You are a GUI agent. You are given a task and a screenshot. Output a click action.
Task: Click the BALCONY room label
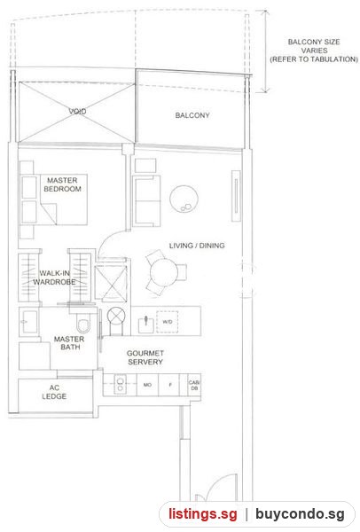pyautogui.click(x=192, y=115)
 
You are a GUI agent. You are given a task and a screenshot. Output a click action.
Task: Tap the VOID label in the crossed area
pyautogui.click(x=77, y=112)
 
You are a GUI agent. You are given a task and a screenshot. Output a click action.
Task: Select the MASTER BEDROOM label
pyautogui.click(x=62, y=184)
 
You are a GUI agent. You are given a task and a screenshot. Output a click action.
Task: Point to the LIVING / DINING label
pyautogui.click(x=197, y=246)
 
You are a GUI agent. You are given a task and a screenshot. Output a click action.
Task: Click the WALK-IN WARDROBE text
pyautogui.click(x=54, y=278)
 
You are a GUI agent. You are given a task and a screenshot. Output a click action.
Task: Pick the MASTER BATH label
pyautogui.click(x=69, y=343)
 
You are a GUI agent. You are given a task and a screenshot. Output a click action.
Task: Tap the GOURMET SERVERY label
pyautogui.click(x=145, y=357)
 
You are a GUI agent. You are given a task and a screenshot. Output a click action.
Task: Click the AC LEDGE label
pyautogui.click(x=54, y=392)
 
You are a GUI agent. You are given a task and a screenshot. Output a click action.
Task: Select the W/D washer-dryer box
pyautogui.click(x=167, y=322)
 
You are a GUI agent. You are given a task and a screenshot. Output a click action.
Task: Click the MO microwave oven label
pyautogui.click(x=147, y=385)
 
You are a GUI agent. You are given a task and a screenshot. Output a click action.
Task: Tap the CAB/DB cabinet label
pyautogui.click(x=194, y=385)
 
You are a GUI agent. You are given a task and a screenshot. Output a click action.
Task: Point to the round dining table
pyautogui.click(x=164, y=272)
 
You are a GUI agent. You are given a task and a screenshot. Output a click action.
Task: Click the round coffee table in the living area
pyautogui.click(x=184, y=199)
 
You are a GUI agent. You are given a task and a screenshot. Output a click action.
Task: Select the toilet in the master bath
pyautogui.click(x=83, y=323)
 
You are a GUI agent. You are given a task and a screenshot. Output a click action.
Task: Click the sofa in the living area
pyautogui.click(x=146, y=201)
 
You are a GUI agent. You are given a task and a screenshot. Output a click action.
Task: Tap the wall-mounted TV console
pyautogui.click(x=236, y=196)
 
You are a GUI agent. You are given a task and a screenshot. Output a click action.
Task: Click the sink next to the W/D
pyautogui.click(x=146, y=325)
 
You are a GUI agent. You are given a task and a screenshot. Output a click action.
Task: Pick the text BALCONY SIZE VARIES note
pyautogui.click(x=314, y=51)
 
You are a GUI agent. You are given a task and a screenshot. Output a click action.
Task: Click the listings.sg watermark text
pyautogui.click(x=203, y=514)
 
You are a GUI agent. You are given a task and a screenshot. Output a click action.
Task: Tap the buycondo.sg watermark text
pyautogui.click(x=300, y=514)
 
